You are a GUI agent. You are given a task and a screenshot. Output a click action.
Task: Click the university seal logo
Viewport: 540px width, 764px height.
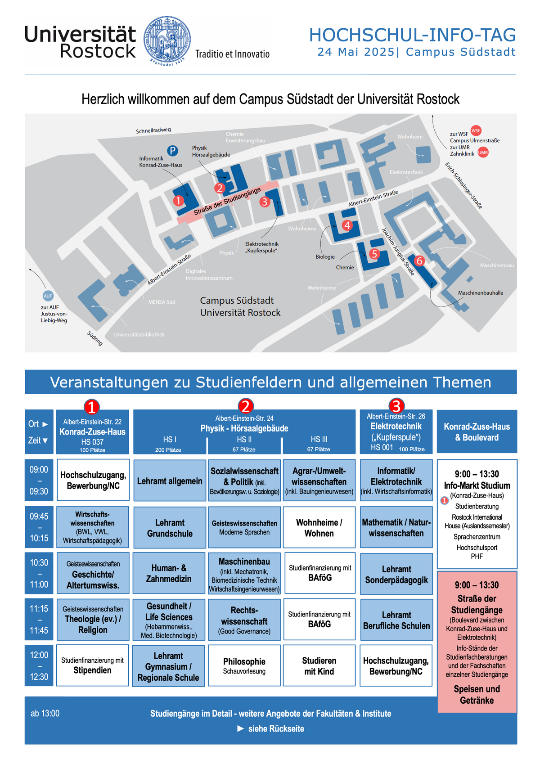coord(167,40)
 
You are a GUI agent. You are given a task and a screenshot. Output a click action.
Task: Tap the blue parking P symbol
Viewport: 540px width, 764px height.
coord(173,150)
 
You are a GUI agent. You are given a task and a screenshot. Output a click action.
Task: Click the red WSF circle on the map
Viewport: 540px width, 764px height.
coord(476,130)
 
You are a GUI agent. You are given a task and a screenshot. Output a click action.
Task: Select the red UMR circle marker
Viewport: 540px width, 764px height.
coord(483,152)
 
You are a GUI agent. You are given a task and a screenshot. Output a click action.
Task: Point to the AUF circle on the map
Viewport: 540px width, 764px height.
coord(48,296)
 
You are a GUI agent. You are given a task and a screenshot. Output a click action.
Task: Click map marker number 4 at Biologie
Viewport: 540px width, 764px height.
coord(347,225)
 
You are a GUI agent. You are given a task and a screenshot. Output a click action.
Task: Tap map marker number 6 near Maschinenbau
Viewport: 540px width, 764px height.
coord(419,261)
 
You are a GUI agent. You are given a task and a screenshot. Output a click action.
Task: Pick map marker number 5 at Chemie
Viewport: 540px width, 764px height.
coord(374,254)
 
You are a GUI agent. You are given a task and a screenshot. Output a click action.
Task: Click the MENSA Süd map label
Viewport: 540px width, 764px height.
coord(162,302)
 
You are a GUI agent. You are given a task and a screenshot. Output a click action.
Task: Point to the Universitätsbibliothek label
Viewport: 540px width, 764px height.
coord(139,334)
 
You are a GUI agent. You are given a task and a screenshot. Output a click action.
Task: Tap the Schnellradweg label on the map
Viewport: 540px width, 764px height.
coord(153,130)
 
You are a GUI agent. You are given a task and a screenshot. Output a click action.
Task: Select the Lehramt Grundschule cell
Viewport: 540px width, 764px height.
coord(170,528)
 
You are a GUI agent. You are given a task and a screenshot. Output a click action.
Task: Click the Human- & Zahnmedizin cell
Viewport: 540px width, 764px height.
coord(169,573)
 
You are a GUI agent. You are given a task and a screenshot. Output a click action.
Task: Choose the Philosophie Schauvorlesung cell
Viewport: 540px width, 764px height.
coord(244,665)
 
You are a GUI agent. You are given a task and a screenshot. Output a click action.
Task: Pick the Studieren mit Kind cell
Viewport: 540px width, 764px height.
coord(319,665)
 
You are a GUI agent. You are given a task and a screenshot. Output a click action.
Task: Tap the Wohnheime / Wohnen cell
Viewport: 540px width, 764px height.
coord(319,527)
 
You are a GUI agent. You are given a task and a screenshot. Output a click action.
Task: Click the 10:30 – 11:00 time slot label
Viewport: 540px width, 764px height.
coord(39,573)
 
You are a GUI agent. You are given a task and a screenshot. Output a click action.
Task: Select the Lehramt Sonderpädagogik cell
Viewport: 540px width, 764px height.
coord(396,574)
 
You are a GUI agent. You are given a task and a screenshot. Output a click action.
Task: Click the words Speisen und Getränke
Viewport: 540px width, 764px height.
coord(477,694)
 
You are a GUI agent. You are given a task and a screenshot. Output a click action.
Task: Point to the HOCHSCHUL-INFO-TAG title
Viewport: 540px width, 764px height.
coord(412,35)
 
